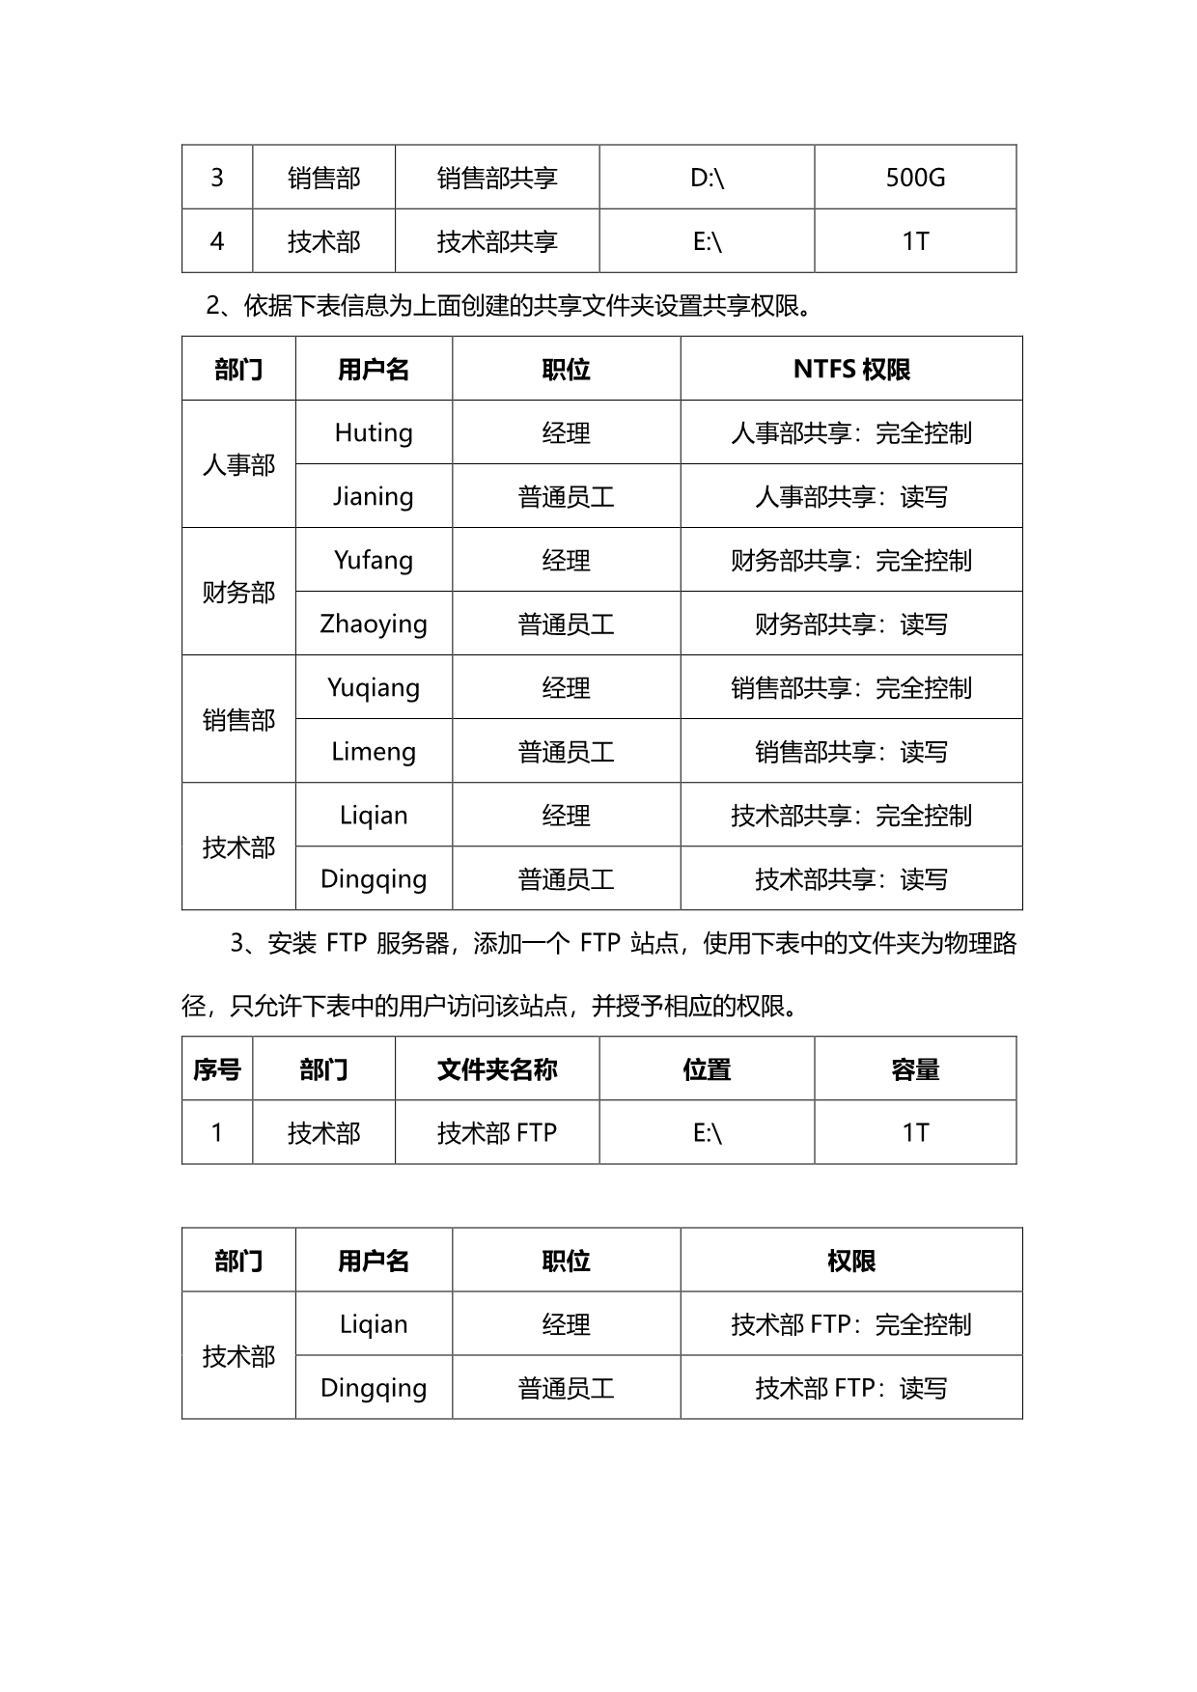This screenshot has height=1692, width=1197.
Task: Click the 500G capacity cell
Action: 915,178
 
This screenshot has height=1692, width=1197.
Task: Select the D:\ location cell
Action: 707,178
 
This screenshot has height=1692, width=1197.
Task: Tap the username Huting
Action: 374,432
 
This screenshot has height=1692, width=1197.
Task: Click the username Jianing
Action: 374,496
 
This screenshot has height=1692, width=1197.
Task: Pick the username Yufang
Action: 374,560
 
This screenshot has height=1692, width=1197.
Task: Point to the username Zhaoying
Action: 374,624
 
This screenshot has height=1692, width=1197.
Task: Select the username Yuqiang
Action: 374,687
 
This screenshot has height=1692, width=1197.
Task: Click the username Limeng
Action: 374,751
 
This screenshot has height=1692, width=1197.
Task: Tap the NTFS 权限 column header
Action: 851,369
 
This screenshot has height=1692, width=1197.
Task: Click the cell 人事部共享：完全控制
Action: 851,432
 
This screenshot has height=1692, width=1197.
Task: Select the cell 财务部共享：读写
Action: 851,624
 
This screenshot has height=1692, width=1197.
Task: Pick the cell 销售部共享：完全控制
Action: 851,687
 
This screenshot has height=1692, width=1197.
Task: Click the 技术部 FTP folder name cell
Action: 497,1132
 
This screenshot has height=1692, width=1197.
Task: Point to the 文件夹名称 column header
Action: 497,1069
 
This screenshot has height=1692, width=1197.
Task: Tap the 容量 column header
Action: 915,1069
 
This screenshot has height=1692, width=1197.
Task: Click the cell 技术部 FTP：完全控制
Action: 851,1324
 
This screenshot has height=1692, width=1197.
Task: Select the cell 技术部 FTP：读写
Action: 851,1388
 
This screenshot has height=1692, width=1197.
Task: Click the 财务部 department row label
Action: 238,592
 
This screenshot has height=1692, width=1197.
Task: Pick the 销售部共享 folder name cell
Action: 497,178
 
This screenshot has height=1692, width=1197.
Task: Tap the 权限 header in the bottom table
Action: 851,1261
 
